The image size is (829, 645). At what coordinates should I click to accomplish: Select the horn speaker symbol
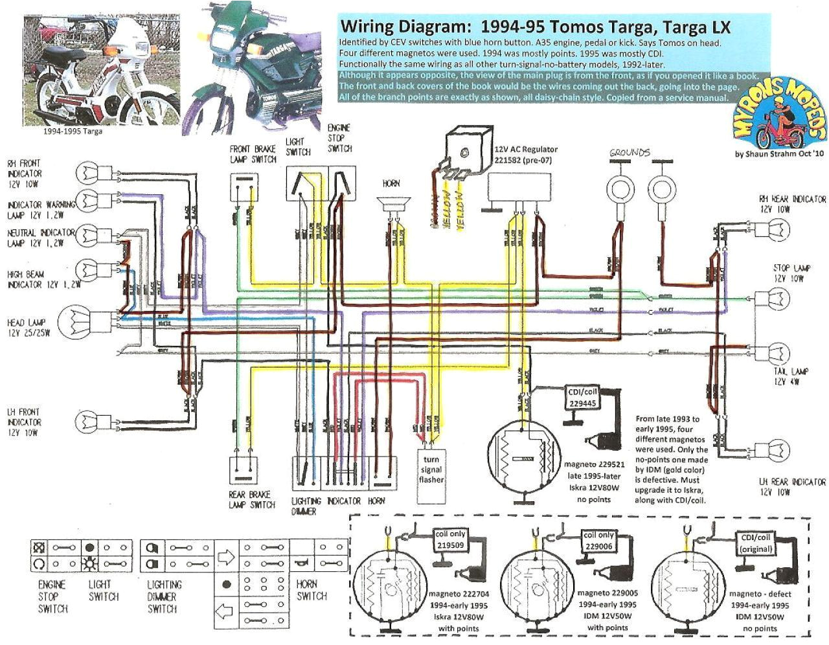point(392,205)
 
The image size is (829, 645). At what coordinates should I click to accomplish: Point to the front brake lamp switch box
point(243,188)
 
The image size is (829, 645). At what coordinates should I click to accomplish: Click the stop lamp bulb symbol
point(777,298)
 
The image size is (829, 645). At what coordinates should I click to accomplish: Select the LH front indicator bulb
point(88,422)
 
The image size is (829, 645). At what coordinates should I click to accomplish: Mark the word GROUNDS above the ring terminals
point(629,153)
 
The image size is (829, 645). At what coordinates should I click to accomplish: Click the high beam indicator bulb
point(89,269)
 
